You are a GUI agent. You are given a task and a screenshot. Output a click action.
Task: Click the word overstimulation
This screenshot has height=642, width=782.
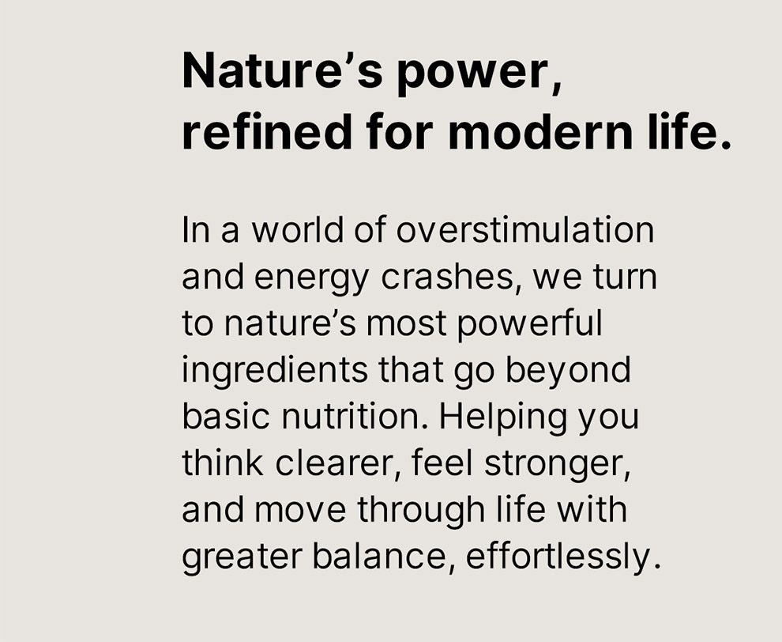tap(525, 231)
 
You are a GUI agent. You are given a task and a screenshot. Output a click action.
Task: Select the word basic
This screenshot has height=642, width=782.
tap(220, 416)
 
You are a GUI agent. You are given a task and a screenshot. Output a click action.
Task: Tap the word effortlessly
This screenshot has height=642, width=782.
tap(559, 557)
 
